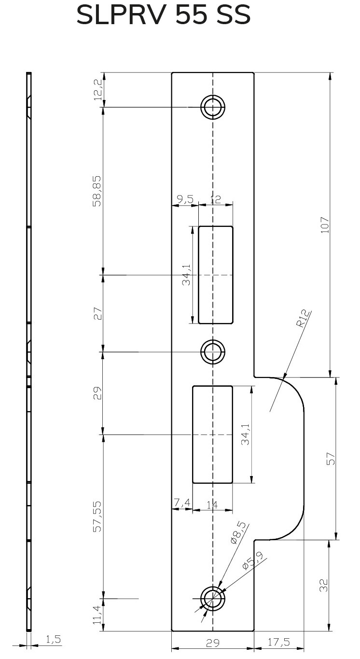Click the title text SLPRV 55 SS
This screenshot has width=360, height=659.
tap(164, 16)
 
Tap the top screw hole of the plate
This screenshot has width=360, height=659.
tap(213, 107)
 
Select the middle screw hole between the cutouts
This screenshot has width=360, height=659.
tap(213, 352)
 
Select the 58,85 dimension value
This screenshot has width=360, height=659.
tap(97, 191)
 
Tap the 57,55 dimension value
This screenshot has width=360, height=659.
tap(97, 516)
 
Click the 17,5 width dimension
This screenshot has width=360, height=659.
tap(279, 642)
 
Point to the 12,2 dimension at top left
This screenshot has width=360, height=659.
tap(98, 89)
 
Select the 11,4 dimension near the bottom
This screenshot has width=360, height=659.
tap(97, 615)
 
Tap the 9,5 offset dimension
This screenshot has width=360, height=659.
tap(185, 199)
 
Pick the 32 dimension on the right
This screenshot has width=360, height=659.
tap(324, 585)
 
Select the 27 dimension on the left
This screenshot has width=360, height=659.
tap(97, 314)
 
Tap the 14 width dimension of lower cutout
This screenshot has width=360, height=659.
tap(212, 505)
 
